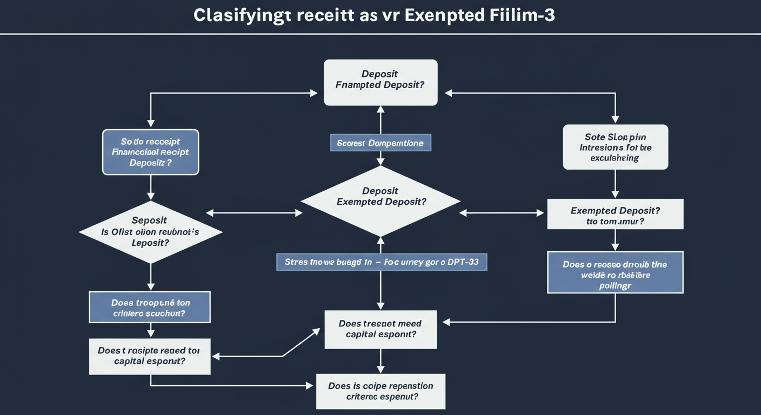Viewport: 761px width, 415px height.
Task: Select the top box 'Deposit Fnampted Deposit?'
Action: pos(380,82)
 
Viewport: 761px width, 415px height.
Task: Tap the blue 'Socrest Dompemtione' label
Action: pos(380,143)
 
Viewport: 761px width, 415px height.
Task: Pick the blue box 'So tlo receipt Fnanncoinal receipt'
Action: pos(151,152)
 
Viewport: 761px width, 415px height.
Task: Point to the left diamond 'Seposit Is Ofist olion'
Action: pos(150,232)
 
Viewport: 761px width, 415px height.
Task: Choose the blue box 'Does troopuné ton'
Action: pos(150,307)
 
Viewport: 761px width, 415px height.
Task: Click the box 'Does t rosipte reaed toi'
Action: pos(150,356)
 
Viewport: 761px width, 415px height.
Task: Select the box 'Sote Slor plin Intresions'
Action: pos(615,147)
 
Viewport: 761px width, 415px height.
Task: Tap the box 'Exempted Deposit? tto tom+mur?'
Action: pos(615,214)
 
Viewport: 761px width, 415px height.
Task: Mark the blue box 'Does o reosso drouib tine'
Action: pos(615,272)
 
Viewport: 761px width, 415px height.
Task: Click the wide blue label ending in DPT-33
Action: pos(382,262)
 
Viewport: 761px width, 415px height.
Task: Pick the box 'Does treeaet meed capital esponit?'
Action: pos(380,329)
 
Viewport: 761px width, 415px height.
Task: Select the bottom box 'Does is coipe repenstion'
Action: pos(380,391)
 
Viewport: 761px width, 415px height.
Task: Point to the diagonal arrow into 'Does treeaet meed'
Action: pos(301,343)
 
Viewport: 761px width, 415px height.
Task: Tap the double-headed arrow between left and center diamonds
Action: pos(254,213)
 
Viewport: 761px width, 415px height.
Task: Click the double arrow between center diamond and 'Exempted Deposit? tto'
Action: pos(502,213)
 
